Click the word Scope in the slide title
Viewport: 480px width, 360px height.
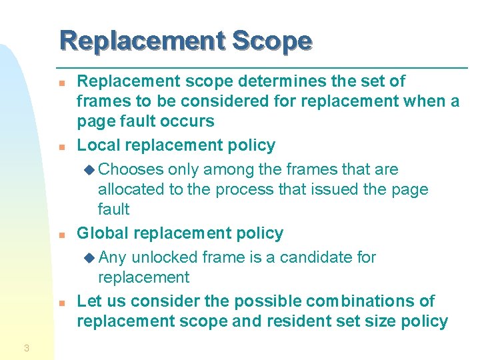(x=271, y=41)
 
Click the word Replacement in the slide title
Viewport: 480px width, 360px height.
(x=142, y=41)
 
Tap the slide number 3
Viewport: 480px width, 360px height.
(x=26, y=347)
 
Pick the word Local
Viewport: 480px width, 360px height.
(x=99, y=145)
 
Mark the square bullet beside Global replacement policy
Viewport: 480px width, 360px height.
(x=61, y=235)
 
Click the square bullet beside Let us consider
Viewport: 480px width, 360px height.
(x=61, y=303)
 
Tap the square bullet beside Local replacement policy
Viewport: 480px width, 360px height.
(x=61, y=147)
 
